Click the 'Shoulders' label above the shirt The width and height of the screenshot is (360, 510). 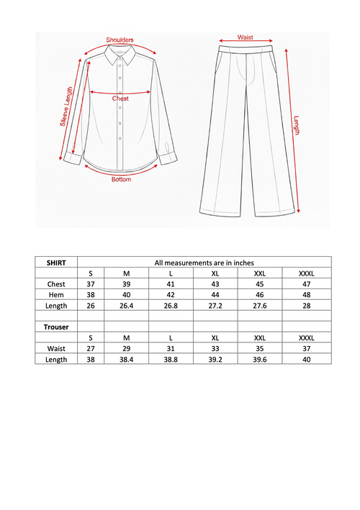point(120,40)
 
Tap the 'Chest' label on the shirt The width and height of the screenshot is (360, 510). point(120,98)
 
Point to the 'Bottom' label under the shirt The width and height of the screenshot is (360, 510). point(121,179)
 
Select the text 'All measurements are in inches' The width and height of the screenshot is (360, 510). point(204,263)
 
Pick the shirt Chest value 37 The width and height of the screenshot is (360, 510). point(91,284)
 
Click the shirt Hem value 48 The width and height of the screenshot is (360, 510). point(306,295)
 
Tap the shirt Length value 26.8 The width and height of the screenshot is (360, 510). point(170,306)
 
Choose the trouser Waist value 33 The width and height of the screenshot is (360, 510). point(215,348)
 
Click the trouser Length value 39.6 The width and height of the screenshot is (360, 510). point(260,359)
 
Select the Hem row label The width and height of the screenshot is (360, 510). point(56,295)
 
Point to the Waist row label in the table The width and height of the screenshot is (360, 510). point(56,348)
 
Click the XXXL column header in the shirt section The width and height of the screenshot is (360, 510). point(306,273)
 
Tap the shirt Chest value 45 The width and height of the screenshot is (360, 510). point(260,284)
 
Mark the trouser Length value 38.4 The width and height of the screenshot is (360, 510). point(126,359)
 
